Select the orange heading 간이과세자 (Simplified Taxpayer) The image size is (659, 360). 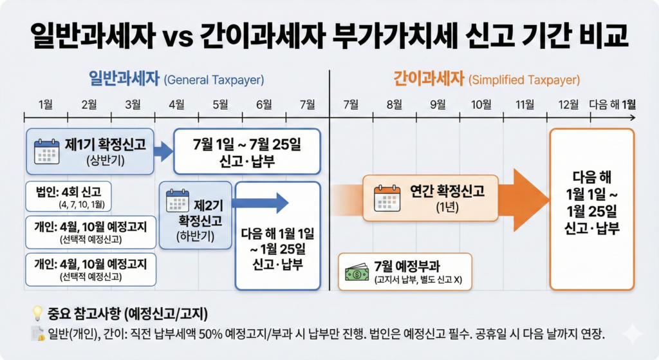point(486,80)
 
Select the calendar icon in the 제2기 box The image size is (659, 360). point(178,201)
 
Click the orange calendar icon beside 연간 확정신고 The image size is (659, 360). point(387,196)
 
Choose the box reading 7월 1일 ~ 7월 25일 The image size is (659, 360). point(247,151)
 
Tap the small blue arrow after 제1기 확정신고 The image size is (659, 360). point(164,151)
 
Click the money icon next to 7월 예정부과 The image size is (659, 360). point(356,274)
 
